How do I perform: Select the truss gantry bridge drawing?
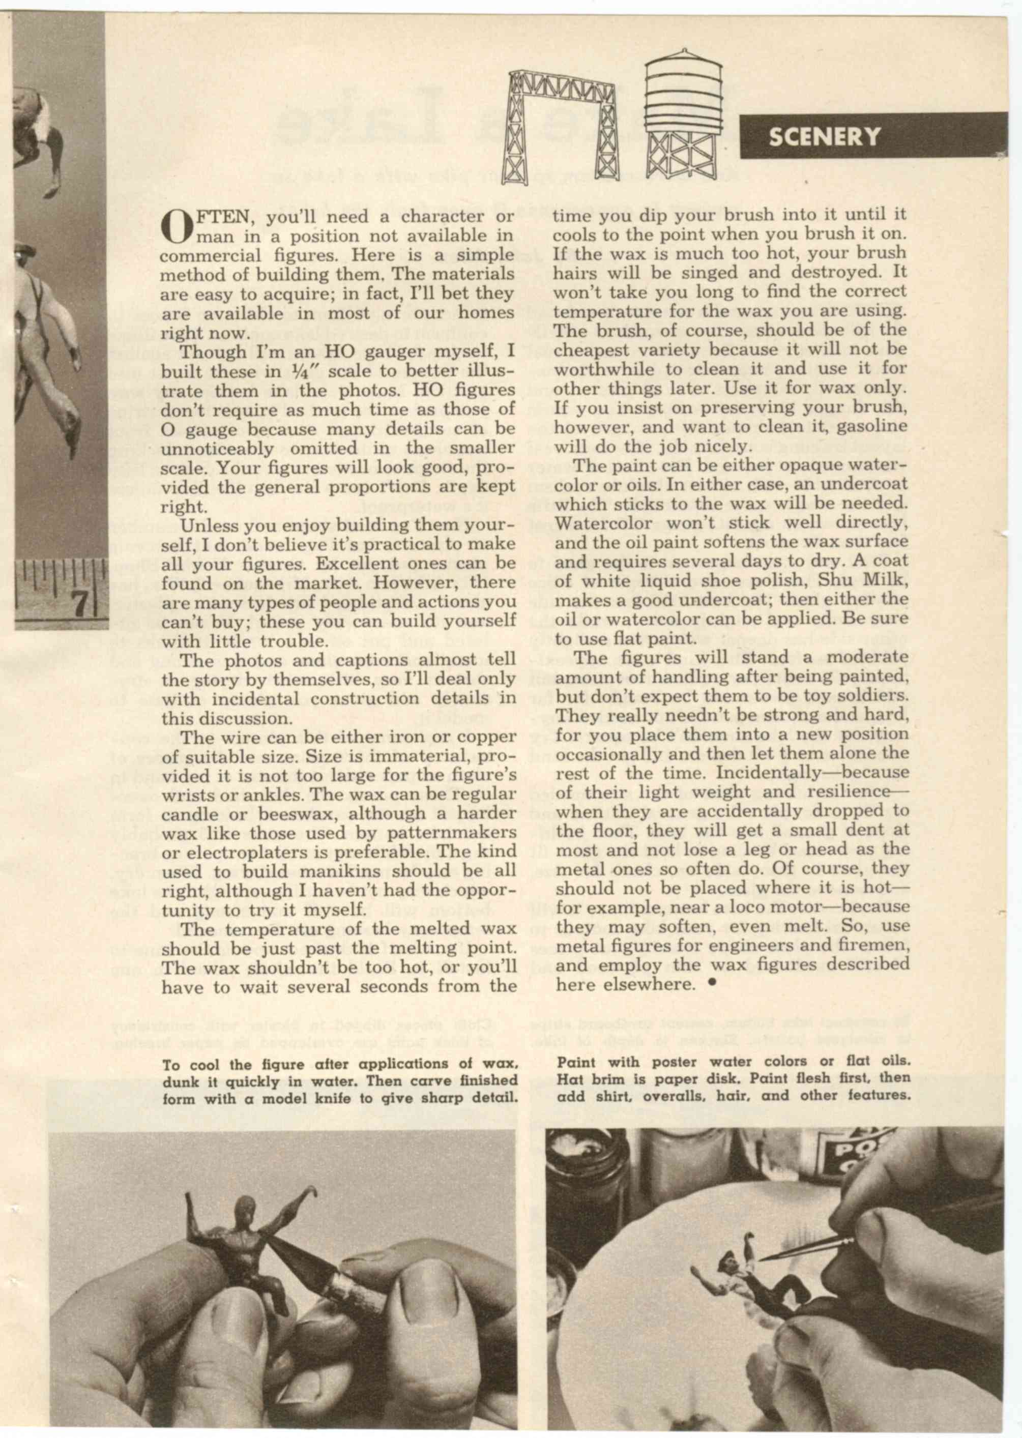pos(564,126)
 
